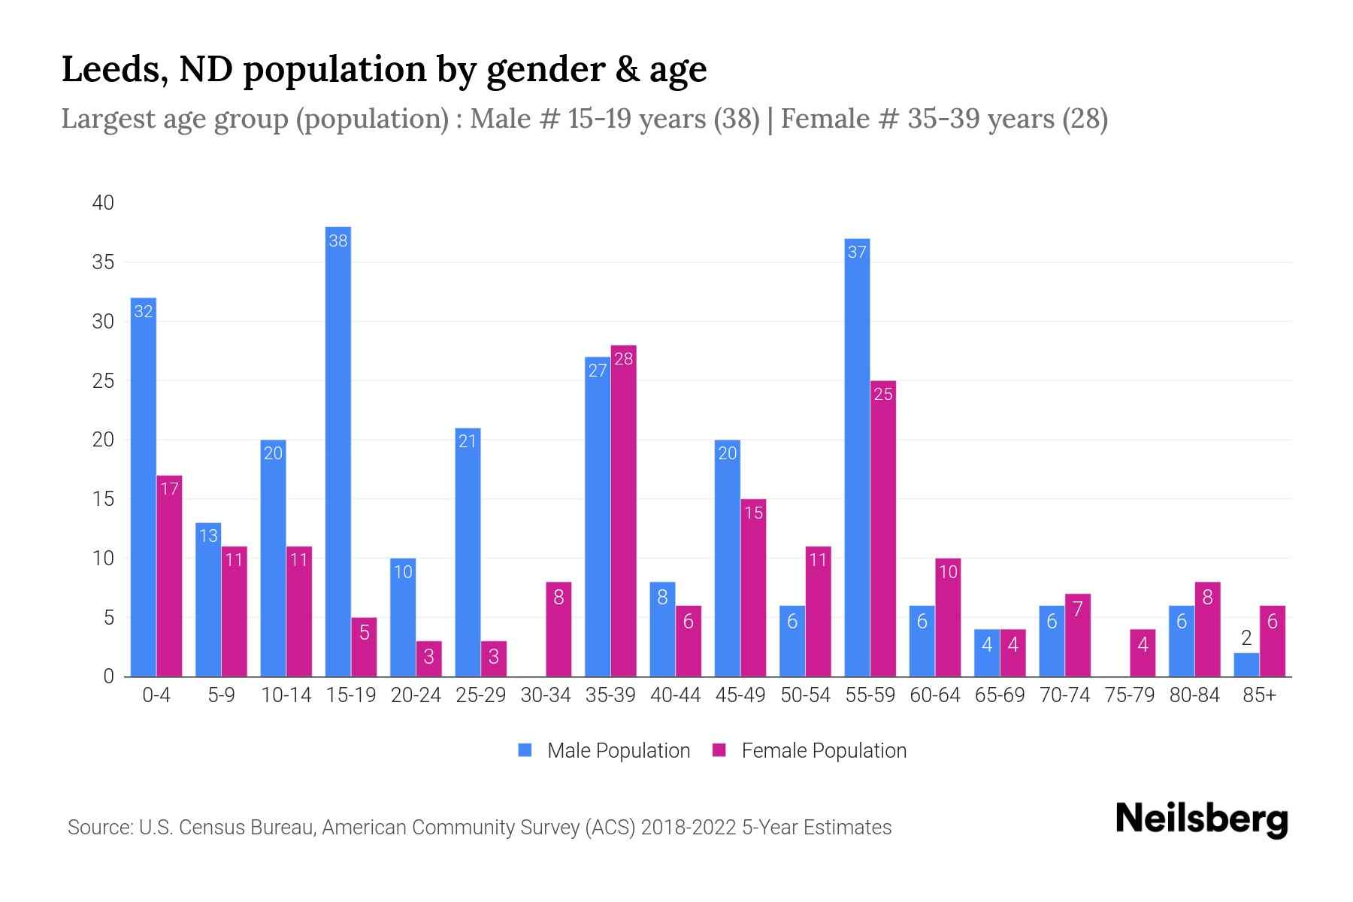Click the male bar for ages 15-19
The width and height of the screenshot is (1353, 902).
pyautogui.click(x=338, y=451)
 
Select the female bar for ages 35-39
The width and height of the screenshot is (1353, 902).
pyautogui.click(x=623, y=511)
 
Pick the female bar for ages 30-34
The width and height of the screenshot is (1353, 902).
pyautogui.click(x=558, y=629)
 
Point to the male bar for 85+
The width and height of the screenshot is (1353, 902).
pyautogui.click(x=1246, y=664)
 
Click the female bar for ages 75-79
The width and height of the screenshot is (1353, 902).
pyautogui.click(x=1143, y=652)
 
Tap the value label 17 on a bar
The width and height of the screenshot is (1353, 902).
pyautogui.click(x=169, y=489)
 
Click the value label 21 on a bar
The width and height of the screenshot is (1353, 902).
pyautogui.click(x=468, y=441)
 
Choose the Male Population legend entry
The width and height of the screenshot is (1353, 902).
pyautogui.click(x=604, y=751)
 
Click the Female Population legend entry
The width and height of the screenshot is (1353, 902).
pyautogui.click(x=810, y=751)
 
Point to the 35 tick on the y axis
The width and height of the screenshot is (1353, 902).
pyautogui.click(x=103, y=262)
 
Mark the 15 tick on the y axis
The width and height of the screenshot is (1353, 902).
pyautogui.click(x=103, y=499)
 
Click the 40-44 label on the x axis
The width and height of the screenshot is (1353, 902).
pyautogui.click(x=675, y=695)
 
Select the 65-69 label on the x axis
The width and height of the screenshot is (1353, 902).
pyautogui.click(x=1000, y=695)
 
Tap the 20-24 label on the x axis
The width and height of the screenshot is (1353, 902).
pyautogui.click(x=416, y=695)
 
